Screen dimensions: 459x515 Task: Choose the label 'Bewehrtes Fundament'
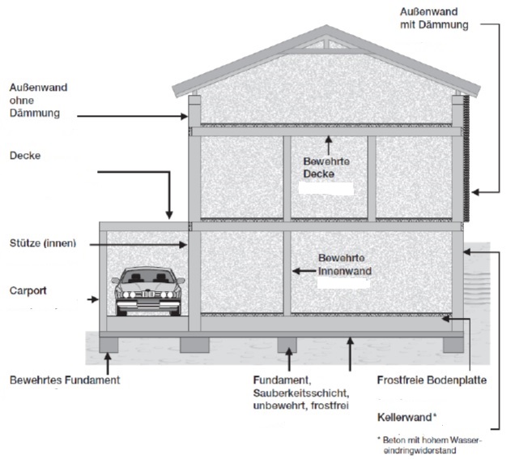pyautogui.click(x=65, y=380)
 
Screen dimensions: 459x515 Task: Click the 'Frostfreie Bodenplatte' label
pyautogui.click(x=432, y=380)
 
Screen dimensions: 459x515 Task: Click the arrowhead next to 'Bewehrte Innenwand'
pyautogui.click(x=296, y=271)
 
